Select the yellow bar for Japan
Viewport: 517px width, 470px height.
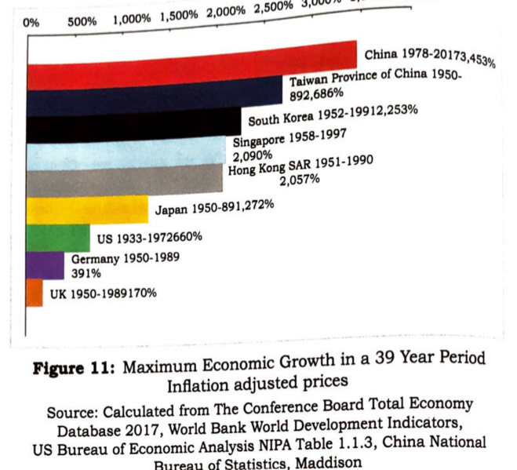86,210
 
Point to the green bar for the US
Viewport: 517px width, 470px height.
58,238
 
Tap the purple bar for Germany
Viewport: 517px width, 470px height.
46,265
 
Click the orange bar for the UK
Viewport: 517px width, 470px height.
35,293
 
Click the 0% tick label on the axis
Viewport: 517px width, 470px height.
31,23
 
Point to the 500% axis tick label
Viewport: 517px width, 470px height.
82,21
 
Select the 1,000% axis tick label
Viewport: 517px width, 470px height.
132,19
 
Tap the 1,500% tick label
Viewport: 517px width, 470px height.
179,16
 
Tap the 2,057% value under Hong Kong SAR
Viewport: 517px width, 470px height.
299,179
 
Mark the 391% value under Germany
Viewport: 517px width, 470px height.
86,274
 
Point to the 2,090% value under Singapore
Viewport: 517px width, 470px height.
253,155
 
